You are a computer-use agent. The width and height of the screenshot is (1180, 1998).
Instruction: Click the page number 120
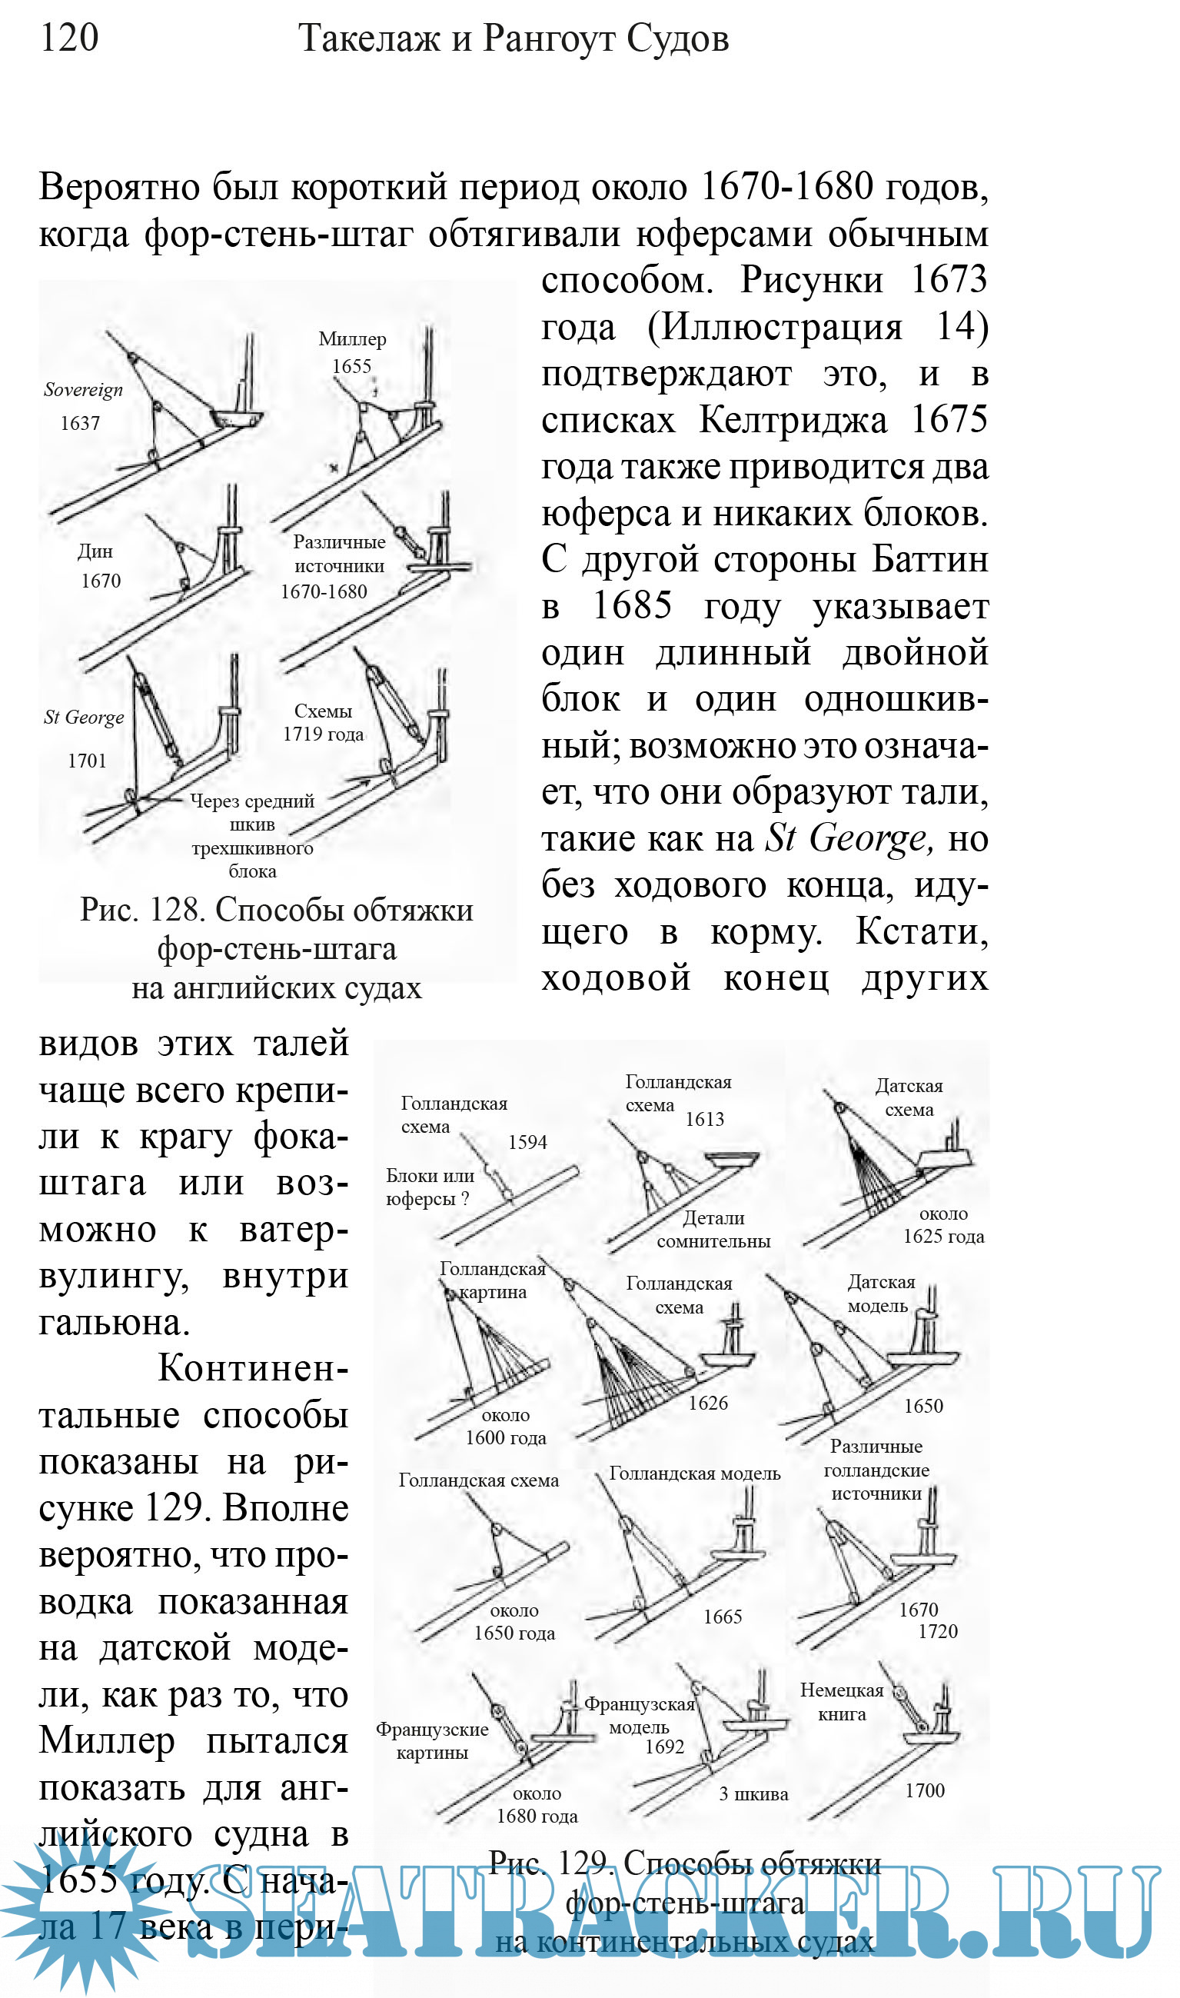(x=69, y=38)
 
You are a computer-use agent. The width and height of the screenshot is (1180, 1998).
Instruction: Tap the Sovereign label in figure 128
(x=84, y=390)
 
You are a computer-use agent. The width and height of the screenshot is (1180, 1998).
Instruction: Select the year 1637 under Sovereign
(x=80, y=423)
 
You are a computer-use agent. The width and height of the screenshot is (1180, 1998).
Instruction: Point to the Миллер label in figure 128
(x=352, y=339)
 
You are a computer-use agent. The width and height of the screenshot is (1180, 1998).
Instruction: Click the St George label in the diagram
(x=84, y=718)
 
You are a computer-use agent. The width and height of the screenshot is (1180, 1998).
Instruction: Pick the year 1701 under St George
(x=87, y=761)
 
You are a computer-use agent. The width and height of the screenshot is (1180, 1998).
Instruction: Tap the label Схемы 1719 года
(x=323, y=722)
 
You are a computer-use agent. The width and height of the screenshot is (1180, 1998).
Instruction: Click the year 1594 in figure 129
(x=527, y=1142)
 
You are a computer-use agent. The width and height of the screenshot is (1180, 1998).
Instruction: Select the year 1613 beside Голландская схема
(x=704, y=1119)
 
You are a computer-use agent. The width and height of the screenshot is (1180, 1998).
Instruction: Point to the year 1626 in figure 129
(x=708, y=1403)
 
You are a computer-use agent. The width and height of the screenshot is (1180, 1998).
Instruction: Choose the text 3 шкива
(x=753, y=1794)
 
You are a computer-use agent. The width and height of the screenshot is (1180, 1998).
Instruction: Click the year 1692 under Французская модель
(x=664, y=1747)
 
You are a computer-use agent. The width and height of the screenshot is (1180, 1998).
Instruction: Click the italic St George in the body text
(x=848, y=838)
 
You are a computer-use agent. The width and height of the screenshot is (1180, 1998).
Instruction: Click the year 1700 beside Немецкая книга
(x=925, y=1790)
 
